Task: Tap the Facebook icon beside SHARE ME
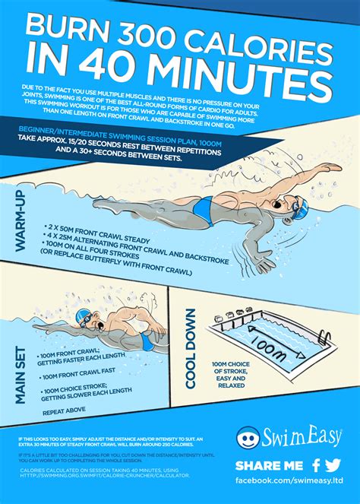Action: coord(315,465)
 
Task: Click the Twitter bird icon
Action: coord(334,465)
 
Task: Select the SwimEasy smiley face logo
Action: coord(248,438)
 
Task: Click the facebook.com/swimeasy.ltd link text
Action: coord(289,482)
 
